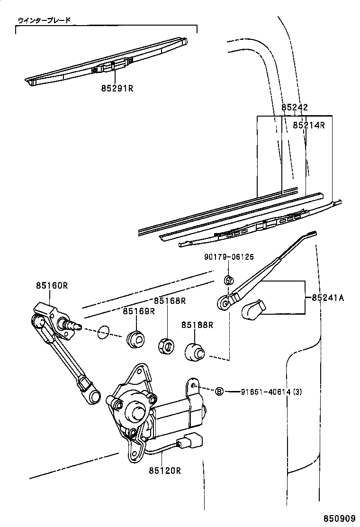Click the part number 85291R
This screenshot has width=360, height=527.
[117, 88]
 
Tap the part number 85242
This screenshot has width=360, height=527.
[295, 108]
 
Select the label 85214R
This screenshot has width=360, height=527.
[308, 125]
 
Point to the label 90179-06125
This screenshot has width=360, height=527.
[229, 257]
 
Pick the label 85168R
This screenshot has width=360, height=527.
[169, 301]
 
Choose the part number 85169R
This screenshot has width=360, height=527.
[139, 311]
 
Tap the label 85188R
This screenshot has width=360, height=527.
[197, 325]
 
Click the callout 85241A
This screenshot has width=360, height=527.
[328, 298]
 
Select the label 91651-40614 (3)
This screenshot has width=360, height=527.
[271, 391]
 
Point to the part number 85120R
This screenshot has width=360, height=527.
[164, 471]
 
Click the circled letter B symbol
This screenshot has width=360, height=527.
[219, 391]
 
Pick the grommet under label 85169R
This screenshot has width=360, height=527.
[135, 339]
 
